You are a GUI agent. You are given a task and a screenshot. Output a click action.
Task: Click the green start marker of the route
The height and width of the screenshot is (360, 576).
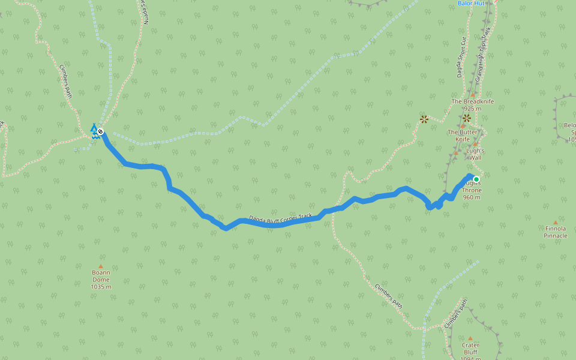[476, 179]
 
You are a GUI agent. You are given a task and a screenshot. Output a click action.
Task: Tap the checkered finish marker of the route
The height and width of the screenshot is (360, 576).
[100, 131]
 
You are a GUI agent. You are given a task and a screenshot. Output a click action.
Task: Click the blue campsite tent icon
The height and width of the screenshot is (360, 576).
[94, 127]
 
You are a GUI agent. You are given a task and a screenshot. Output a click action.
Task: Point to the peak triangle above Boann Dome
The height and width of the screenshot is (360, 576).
[101, 266]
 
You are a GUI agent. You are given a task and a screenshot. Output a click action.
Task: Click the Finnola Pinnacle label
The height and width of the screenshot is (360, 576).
[556, 232]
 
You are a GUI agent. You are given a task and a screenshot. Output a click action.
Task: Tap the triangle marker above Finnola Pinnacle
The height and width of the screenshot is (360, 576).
[556, 222]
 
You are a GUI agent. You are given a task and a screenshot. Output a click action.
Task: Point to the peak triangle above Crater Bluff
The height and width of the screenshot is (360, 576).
[470, 338]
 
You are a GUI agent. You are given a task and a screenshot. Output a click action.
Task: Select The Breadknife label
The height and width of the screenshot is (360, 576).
[473, 101]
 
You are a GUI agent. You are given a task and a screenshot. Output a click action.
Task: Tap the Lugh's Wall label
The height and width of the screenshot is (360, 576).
[475, 154]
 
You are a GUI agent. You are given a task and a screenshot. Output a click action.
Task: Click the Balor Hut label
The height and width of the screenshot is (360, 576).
[470, 3]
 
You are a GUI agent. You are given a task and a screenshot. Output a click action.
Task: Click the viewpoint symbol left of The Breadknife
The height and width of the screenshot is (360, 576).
[424, 119]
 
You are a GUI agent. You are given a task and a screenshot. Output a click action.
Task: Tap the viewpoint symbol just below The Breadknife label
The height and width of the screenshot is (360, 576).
[467, 118]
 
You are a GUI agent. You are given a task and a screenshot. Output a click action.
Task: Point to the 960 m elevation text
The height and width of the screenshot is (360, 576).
[472, 197]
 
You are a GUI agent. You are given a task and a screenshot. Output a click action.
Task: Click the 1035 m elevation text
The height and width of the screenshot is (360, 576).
[101, 287]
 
